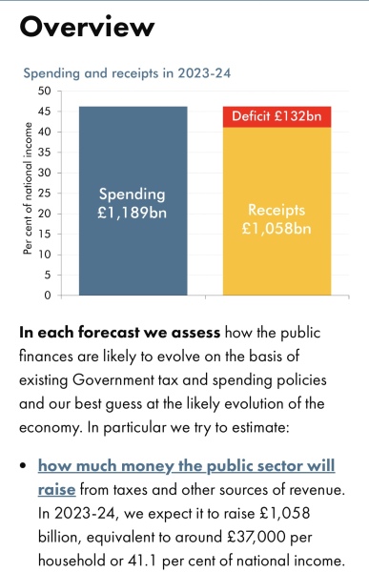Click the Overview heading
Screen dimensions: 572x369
pos(87,27)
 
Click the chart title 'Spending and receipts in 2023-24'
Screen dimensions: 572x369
pos(127,72)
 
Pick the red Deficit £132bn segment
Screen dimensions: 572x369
pos(277,117)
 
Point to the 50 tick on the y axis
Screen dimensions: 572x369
pos(44,92)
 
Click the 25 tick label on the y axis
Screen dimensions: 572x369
pos(44,194)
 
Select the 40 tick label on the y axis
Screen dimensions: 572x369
pos(44,133)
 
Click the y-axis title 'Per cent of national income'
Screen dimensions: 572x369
pos(29,194)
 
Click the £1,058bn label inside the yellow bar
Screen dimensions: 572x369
pos(277,229)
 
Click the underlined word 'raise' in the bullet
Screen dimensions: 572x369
pos(57,490)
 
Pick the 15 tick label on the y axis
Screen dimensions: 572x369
pos(44,235)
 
